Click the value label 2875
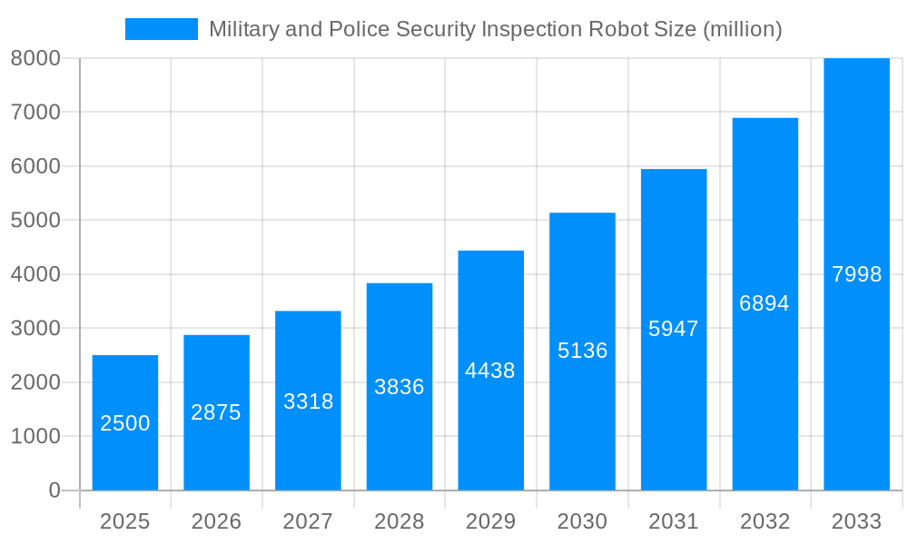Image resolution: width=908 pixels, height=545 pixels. click(x=216, y=412)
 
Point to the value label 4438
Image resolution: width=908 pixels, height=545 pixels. click(x=490, y=371)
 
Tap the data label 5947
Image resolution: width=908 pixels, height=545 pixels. click(x=674, y=329)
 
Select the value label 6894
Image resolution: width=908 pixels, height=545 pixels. click(x=765, y=303)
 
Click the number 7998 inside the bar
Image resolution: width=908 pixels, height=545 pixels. click(x=856, y=274)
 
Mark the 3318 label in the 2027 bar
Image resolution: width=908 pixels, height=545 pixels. click(x=309, y=401)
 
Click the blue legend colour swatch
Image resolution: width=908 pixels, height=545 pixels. click(x=161, y=29)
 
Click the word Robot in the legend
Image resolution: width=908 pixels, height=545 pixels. click(x=618, y=29)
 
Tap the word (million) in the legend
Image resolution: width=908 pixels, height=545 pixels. click(x=743, y=29)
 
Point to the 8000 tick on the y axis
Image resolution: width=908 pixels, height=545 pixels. click(x=35, y=58)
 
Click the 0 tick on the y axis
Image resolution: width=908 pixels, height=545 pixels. click(x=54, y=490)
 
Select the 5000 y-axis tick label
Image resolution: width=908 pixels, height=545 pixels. click(x=35, y=220)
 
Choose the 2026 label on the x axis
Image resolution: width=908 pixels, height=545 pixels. click(x=216, y=521)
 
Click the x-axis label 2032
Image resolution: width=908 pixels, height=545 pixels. click(x=765, y=521)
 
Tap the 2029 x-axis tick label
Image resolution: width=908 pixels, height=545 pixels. click(x=490, y=521)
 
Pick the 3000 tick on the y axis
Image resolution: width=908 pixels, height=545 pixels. click(x=35, y=328)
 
